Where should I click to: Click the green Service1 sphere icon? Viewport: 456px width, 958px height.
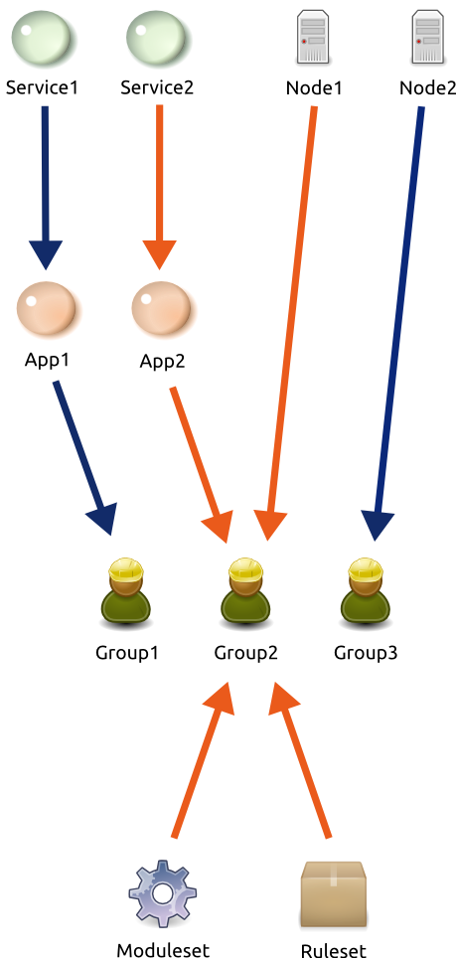[43, 38]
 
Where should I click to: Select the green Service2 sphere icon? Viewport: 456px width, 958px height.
[158, 38]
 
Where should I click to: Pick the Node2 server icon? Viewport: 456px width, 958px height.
[427, 37]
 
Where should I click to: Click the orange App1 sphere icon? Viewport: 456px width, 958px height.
[47, 308]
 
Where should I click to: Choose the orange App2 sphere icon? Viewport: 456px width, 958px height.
[162, 308]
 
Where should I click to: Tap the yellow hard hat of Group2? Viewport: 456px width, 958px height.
[246, 569]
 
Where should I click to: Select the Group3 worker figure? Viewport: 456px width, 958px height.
[365, 592]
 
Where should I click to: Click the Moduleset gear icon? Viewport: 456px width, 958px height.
[162, 893]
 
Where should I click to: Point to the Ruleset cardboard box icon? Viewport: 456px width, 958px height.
[333, 893]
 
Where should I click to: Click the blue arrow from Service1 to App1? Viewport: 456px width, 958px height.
[45, 188]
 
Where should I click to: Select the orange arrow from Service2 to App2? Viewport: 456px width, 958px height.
[159, 187]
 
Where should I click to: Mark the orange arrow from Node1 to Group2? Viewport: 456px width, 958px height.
[291, 324]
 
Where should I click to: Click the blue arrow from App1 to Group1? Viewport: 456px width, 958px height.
[84, 458]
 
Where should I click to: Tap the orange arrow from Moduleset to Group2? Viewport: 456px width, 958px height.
[204, 759]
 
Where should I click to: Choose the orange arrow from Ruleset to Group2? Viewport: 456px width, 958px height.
[300, 759]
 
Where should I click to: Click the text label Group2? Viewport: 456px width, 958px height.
[246, 653]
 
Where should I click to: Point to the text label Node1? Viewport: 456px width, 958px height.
[314, 88]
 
